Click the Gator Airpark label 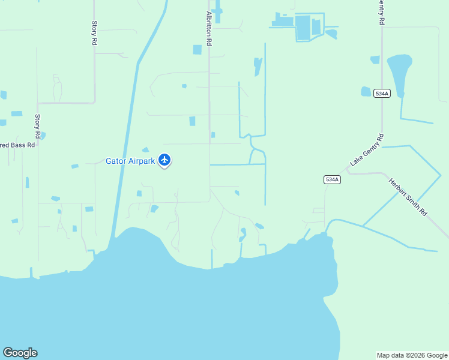click(x=130, y=161)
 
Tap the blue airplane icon click(x=164, y=160)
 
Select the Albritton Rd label click(x=209, y=29)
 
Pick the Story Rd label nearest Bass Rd click(x=38, y=125)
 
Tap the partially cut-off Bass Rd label click(x=18, y=145)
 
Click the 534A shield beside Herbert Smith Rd click(x=332, y=179)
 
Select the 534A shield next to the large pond click(x=381, y=93)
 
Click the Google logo click(x=20, y=353)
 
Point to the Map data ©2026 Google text click(x=411, y=355)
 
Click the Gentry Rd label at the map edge click(x=381, y=12)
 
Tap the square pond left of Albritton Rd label click(x=197, y=50)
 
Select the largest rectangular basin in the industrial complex click(x=303, y=28)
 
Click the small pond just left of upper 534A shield click(x=366, y=92)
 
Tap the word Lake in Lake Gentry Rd click(x=357, y=160)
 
